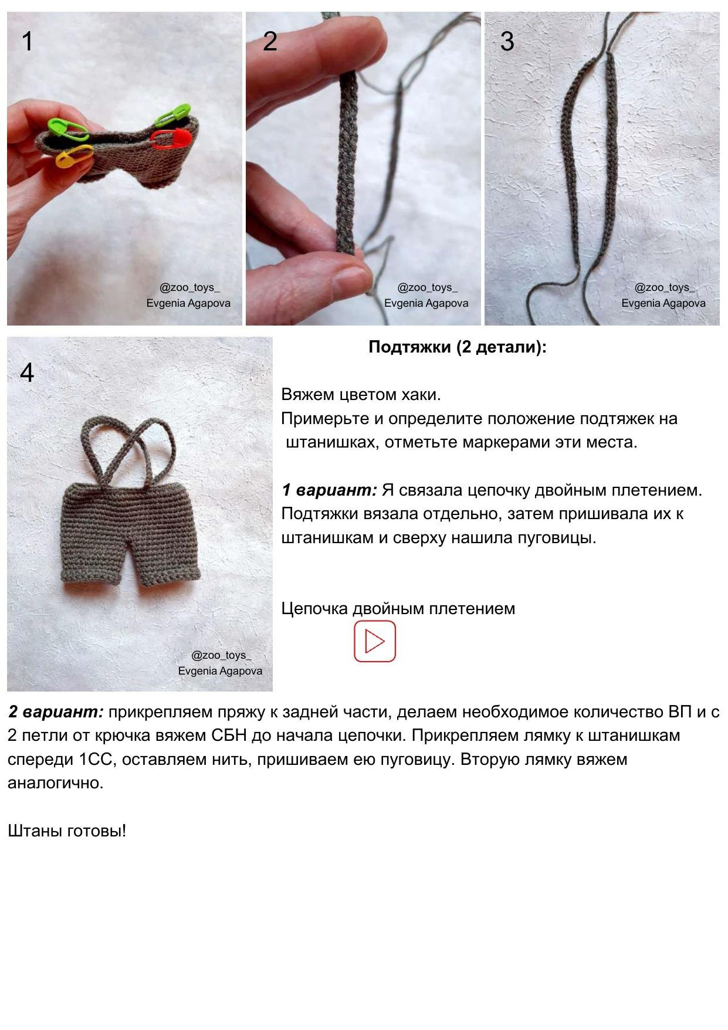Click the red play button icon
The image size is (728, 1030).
(374, 641)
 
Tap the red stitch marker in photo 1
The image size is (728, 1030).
(171, 138)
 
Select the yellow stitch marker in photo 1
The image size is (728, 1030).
(75, 155)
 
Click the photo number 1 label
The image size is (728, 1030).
(28, 42)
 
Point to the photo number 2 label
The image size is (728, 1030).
(270, 41)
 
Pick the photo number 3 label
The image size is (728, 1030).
(507, 41)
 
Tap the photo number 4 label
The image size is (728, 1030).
(27, 372)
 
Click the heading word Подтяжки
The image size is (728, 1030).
(410, 347)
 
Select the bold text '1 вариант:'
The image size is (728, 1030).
(329, 490)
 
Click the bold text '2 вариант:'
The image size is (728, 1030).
(56, 712)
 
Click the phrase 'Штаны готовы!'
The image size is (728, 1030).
(67, 831)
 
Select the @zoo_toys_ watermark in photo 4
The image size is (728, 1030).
(221, 655)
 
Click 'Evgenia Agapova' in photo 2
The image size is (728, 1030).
(426, 303)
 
